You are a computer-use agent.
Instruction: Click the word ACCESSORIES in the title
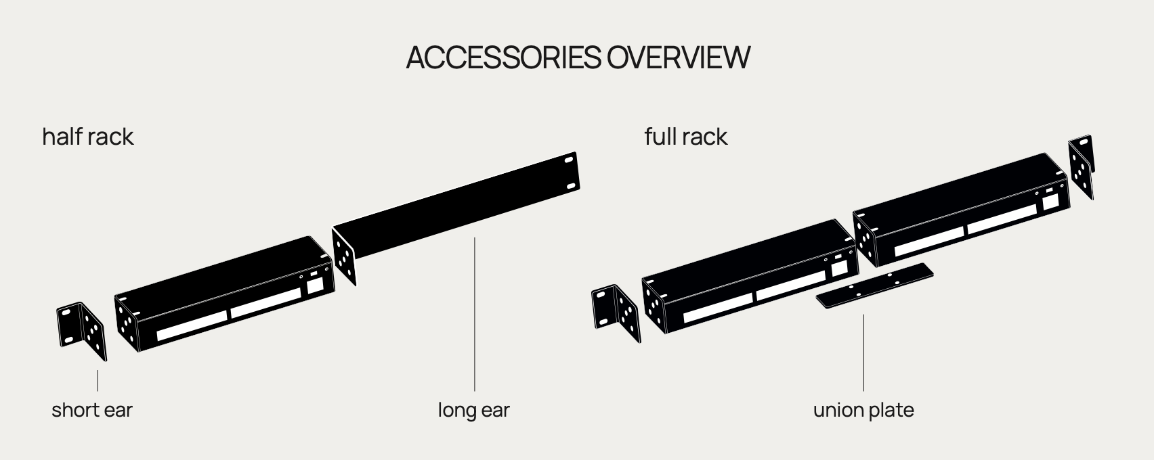click(x=503, y=57)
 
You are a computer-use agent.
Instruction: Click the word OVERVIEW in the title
click(x=679, y=57)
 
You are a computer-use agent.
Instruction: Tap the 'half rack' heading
click(x=88, y=137)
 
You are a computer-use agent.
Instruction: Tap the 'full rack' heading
click(x=686, y=137)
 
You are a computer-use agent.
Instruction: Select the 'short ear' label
click(x=92, y=410)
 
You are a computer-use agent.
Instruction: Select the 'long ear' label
click(x=474, y=410)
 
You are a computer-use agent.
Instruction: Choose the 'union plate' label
click(x=863, y=410)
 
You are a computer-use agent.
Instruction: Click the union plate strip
click(x=874, y=285)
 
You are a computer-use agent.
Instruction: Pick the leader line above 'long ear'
click(x=475, y=314)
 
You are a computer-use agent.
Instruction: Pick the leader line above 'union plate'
click(x=863, y=352)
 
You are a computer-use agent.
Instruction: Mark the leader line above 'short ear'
click(x=98, y=380)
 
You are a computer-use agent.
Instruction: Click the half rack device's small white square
click(x=316, y=285)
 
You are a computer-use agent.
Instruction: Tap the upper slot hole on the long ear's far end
click(x=569, y=160)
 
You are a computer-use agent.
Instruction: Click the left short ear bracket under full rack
click(x=616, y=313)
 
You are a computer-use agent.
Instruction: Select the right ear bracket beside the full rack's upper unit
click(x=1082, y=166)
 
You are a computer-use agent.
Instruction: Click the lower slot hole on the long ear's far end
click(x=571, y=186)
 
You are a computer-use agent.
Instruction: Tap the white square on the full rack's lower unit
click(x=840, y=268)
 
